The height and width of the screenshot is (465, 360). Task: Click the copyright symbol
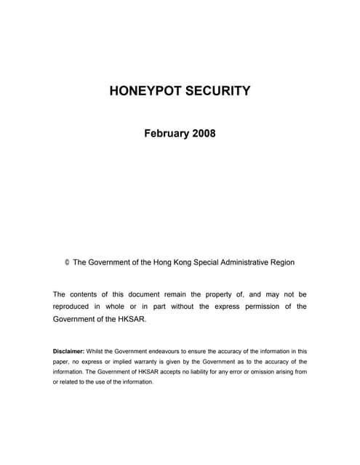click(67, 262)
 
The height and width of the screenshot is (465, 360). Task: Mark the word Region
click(281, 262)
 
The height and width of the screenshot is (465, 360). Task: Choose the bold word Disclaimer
click(68, 351)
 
